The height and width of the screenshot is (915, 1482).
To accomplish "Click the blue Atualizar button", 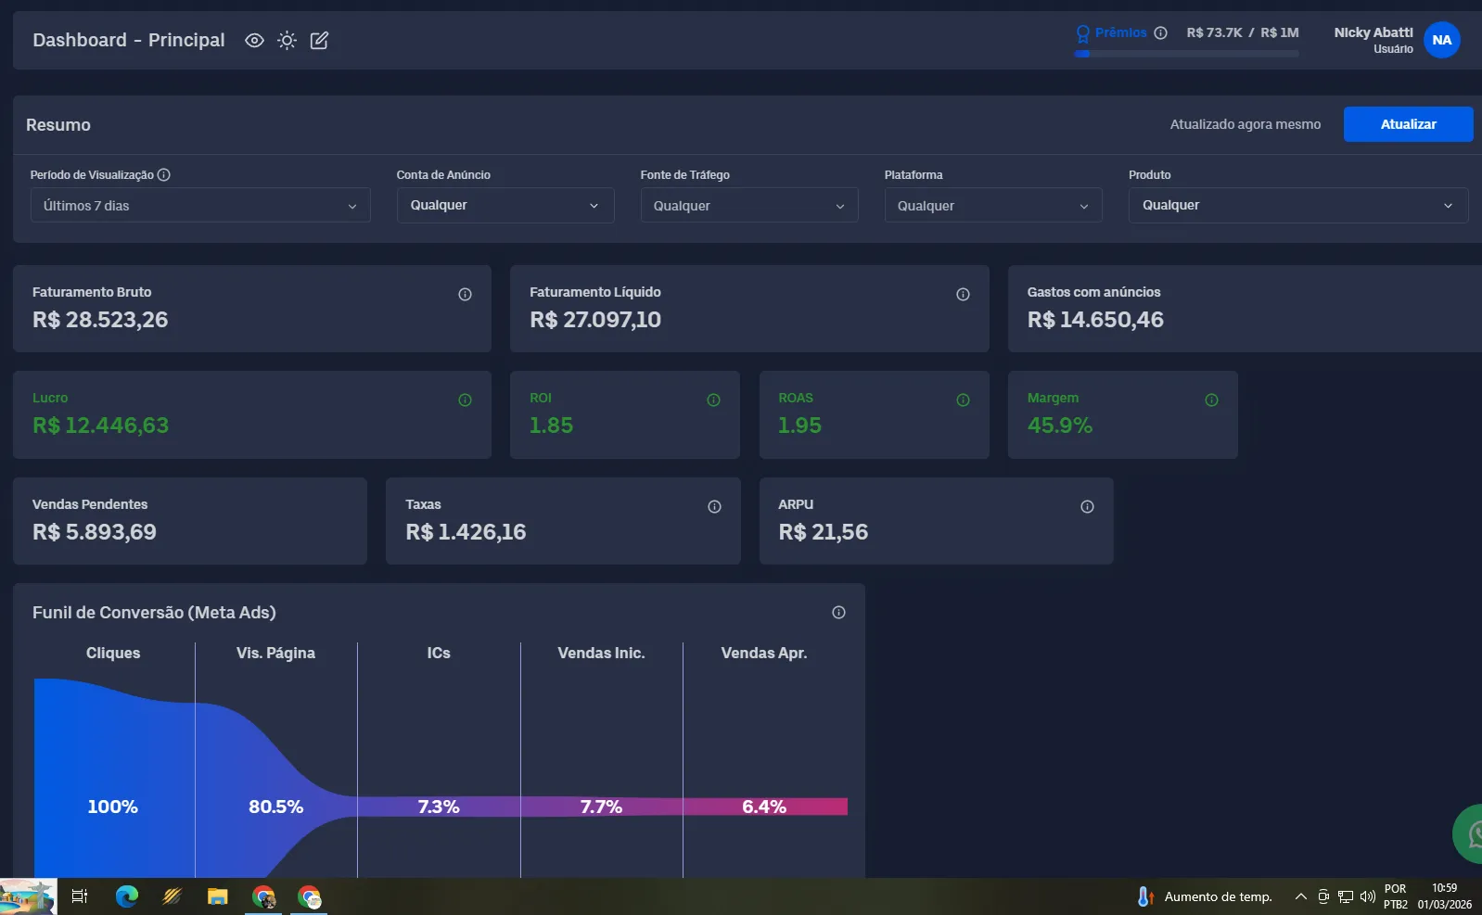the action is point(1408,124).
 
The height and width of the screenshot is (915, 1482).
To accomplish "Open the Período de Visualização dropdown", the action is point(199,206).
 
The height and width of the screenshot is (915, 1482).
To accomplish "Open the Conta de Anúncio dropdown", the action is point(505,206).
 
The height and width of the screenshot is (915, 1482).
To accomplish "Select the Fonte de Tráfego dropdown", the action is point(749,206).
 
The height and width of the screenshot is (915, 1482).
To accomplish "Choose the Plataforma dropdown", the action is point(993,206).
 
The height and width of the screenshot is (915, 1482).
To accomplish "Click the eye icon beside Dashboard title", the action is point(254,41).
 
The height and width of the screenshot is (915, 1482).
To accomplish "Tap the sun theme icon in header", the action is point(287,41).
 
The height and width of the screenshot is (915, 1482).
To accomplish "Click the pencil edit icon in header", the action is point(319,41).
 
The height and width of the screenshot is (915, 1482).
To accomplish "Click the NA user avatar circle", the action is point(1441,41).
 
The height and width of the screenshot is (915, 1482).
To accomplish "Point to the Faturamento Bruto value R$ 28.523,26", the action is point(100,320).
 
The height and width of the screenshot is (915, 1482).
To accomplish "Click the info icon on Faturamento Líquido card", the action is point(963,294).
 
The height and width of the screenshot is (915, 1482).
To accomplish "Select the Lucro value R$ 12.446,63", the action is point(100,426).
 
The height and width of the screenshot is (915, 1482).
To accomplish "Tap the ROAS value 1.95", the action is point(799,426).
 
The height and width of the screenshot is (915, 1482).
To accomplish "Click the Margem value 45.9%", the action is point(1060,426).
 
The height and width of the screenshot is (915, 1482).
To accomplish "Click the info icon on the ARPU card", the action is point(1087,506).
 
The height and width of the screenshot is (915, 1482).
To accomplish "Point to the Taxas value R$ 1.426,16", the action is point(466,532).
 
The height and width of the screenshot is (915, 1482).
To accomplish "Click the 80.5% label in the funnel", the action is point(275,807).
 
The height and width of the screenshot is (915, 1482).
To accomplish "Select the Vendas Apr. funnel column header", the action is point(764,654).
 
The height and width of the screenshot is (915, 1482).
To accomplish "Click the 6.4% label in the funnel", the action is point(764,807).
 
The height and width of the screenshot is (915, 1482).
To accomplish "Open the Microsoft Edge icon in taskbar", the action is point(126,896).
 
